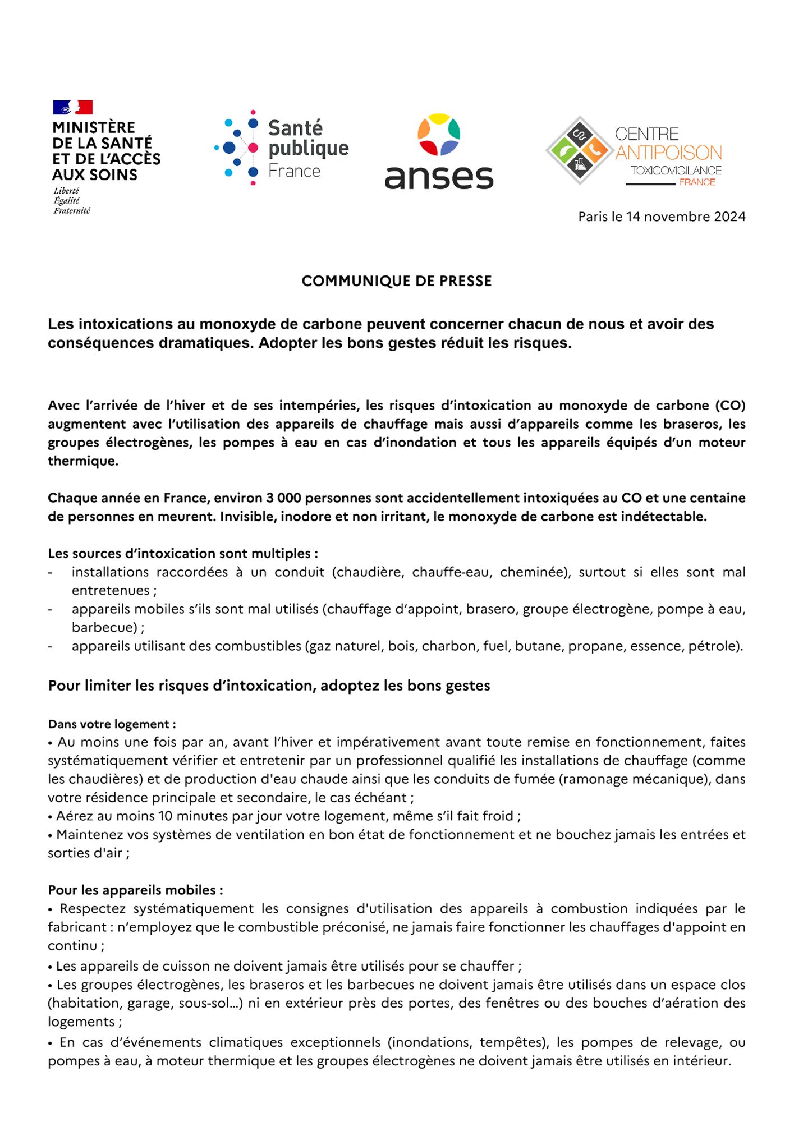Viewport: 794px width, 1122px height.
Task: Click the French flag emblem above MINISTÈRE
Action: pyautogui.click(x=72, y=107)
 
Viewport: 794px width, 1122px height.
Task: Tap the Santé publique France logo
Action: pyautogui.click(x=282, y=148)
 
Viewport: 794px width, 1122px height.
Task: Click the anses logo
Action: pyautogui.click(x=439, y=151)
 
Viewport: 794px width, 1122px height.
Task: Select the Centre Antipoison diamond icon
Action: pyautogui.click(x=579, y=150)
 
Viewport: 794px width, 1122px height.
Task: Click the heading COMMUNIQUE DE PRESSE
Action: pyautogui.click(x=396, y=281)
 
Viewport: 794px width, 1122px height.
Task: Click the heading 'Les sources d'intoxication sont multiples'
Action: pyautogui.click(x=183, y=554)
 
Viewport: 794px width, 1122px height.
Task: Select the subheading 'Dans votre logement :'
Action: pyautogui.click(x=112, y=724)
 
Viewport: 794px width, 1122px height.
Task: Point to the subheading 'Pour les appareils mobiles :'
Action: pyautogui.click(x=135, y=890)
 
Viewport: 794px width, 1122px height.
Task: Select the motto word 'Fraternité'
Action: pyautogui.click(x=72, y=211)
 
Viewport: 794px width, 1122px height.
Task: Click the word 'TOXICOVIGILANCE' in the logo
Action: pyautogui.click(x=676, y=171)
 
